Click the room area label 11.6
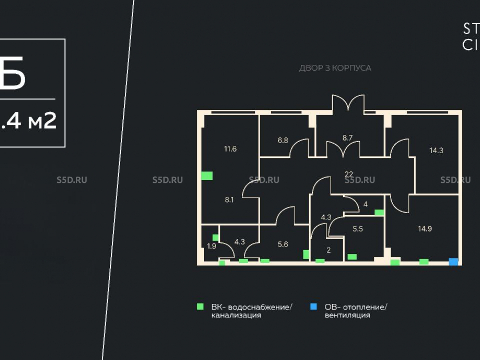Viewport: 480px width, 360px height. [x=230, y=149]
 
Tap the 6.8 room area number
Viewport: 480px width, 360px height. [x=283, y=141]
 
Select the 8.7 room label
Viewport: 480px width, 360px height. [x=348, y=138]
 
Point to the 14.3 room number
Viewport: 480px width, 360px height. [x=436, y=150]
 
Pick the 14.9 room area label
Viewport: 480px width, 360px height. [x=424, y=228]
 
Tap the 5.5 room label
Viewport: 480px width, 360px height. [x=358, y=229]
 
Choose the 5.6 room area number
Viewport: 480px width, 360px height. [x=283, y=244]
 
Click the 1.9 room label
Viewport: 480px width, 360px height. [x=211, y=246]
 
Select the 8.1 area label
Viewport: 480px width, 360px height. [x=229, y=200]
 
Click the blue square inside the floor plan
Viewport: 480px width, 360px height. [x=453, y=262]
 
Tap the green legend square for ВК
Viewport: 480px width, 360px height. [x=200, y=306]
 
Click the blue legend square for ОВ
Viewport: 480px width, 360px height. [x=313, y=306]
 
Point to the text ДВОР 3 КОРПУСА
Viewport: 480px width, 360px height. [x=335, y=68]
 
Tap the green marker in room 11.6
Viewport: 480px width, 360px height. [x=207, y=176]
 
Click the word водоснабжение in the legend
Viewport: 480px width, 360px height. [x=260, y=307]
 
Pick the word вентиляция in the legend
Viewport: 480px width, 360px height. [x=348, y=315]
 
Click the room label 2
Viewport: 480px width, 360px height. [x=328, y=250]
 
